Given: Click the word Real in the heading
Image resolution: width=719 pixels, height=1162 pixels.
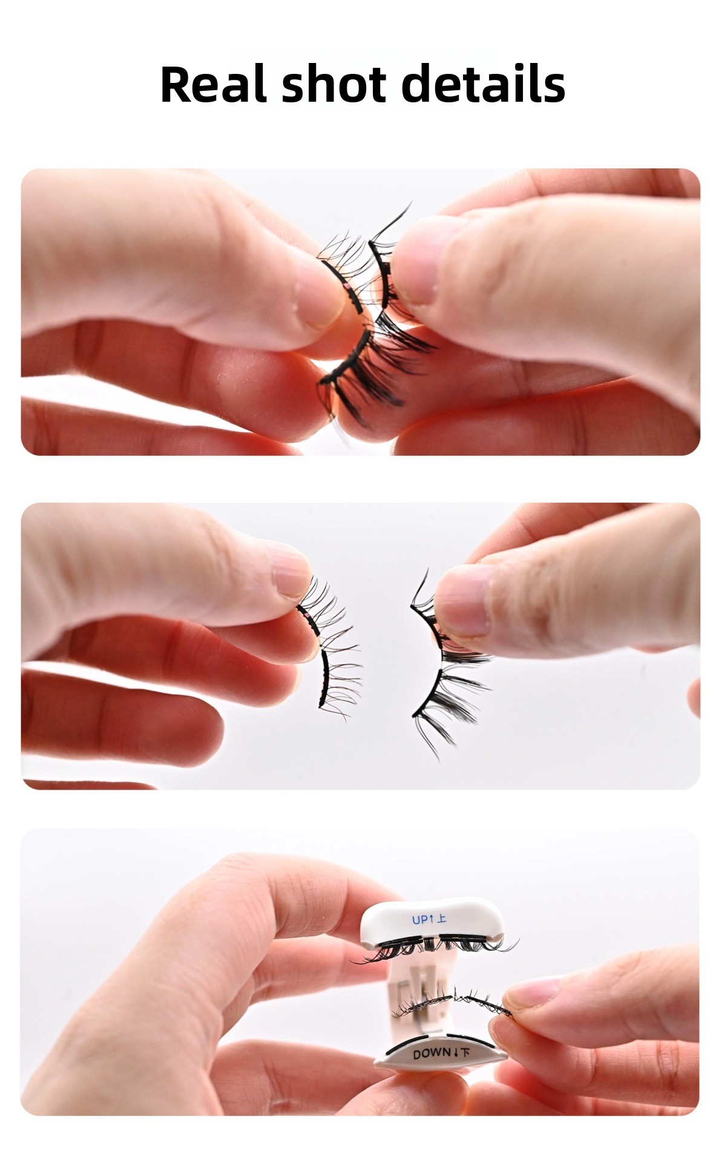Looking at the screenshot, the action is click(x=213, y=84).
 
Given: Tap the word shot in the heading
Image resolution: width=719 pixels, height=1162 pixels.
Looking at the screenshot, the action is click(x=333, y=84).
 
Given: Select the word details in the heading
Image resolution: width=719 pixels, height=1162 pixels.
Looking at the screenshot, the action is click(x=483, y=84).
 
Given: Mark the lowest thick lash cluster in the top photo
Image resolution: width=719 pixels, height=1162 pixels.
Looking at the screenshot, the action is click(x=363, y=378).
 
